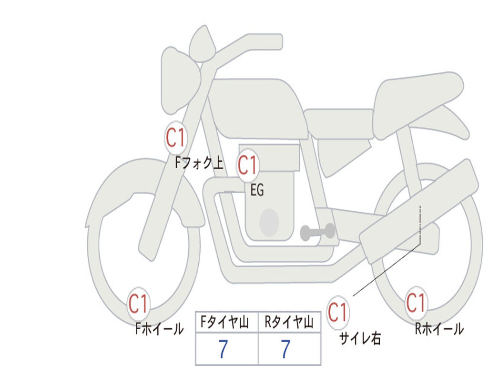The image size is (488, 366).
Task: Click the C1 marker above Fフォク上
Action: [176, 138]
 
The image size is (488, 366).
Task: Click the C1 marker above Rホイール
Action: [416, 303]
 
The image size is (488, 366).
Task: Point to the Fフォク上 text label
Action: [199, 163]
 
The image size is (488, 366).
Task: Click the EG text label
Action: [257, 191]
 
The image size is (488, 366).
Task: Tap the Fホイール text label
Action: [159, 328]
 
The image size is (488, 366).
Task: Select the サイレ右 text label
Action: [360, 338]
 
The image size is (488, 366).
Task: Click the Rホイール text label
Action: [439, 329]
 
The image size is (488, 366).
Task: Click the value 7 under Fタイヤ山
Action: [223, 350]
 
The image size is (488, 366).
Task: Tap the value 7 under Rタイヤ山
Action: [285, 350]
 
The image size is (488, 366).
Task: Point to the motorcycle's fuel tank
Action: [257, 107]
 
